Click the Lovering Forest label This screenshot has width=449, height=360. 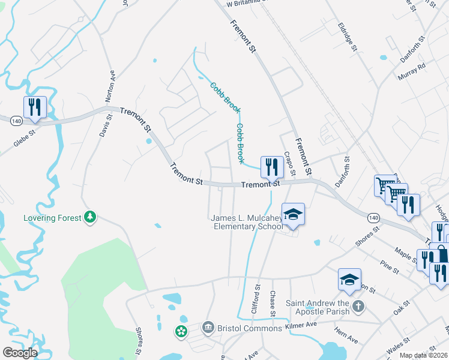click(x=52, y=217)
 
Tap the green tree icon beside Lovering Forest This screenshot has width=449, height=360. click(x=90, y=217)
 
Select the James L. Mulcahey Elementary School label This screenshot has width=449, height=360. click(x=246, y=222)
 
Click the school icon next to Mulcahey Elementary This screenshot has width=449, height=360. click(x=293, y=214)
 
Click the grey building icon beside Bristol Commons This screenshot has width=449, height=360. click(x=208, y=327)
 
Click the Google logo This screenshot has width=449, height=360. click(x=20, y=352)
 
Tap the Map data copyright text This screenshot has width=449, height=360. click(x=424, y=355)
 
